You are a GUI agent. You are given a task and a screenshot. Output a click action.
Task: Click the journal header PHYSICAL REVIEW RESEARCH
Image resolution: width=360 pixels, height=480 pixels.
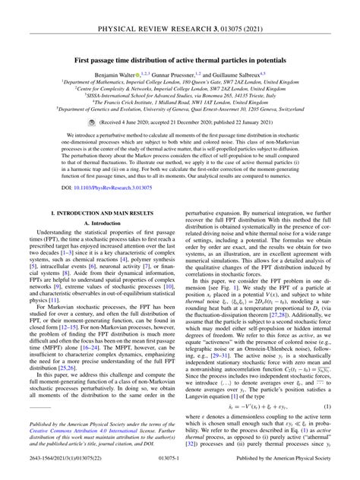pos(180,13)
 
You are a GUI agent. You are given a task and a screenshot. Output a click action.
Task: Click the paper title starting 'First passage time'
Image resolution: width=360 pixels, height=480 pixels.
pos(180,58)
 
